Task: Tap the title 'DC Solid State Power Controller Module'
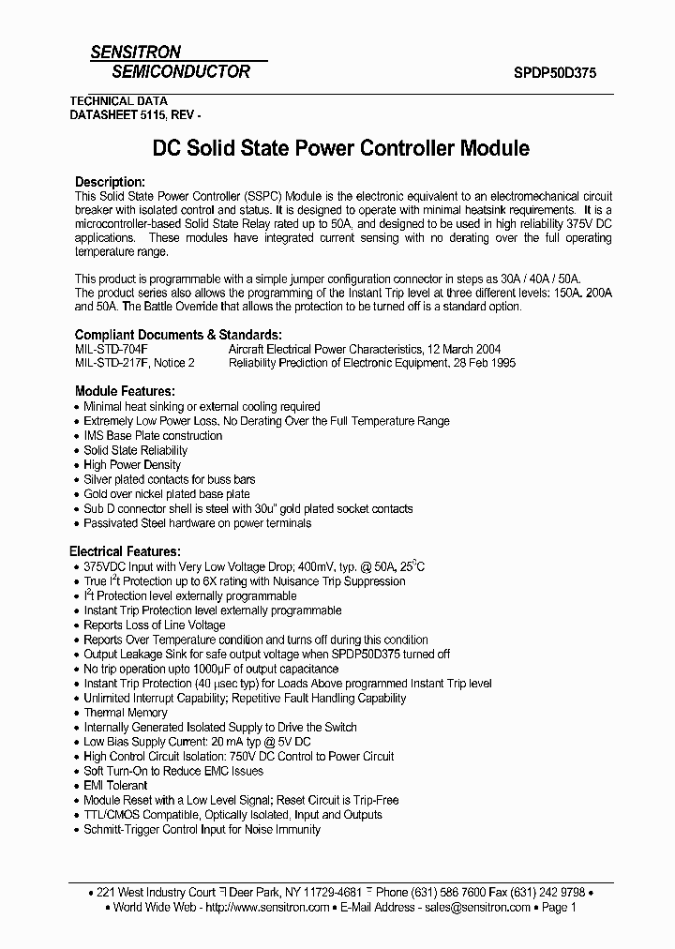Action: [x=340, y=148]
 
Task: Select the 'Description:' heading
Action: [x=110, y=181]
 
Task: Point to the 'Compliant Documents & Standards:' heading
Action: [x=177, y=335]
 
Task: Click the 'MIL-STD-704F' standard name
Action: [x=111, y=348]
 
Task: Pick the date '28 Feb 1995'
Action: [x=479, y=362]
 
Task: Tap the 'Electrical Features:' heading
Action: [x=126, y=552]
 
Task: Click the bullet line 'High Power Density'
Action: [x=132, y=465]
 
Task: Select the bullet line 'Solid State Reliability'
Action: [x=136, y=450]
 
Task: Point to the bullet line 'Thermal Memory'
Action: [x=126, y=713]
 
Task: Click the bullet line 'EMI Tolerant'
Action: [x=116, y=786]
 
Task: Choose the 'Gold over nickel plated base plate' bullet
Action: [x=167, y=494]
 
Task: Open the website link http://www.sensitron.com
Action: [x=266, y=908]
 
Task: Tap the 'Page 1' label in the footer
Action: [x=559, y=908]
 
